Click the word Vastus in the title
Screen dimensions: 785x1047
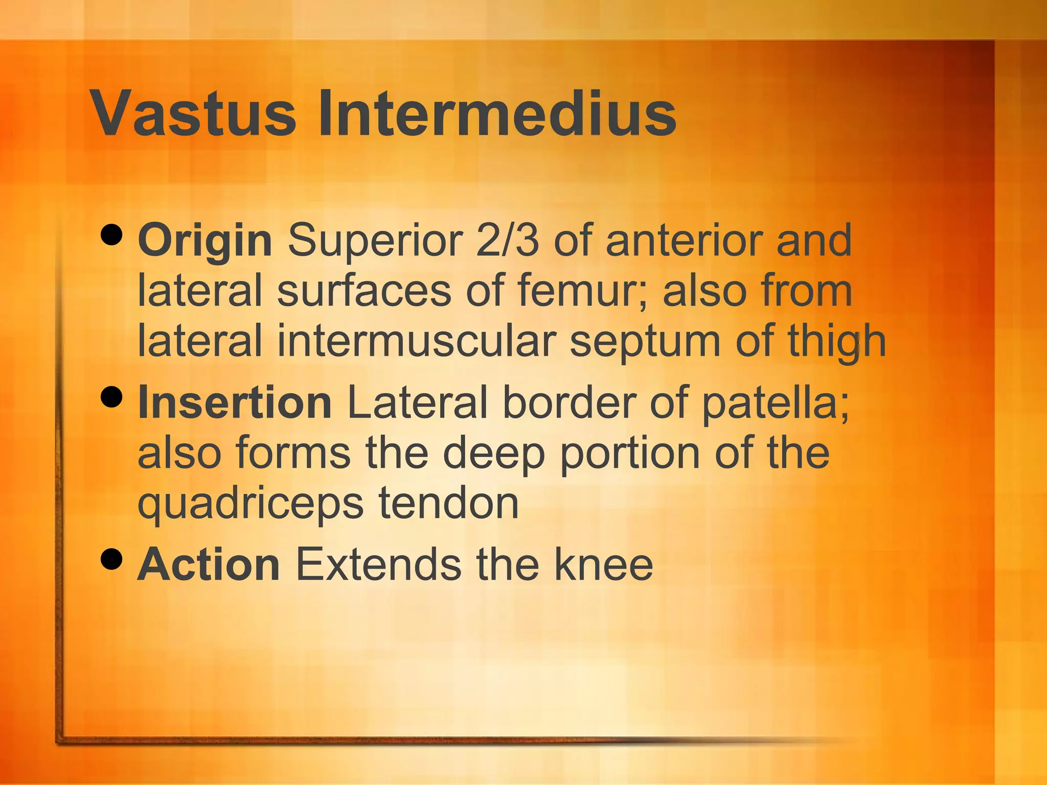pyautogui.click(x=193, y=113)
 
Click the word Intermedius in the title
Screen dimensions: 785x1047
pyautogui.click(x=497, y=113)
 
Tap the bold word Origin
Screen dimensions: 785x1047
pyautogui.click(x=204, y=241)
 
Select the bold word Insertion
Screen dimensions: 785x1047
pyautogui.click(x=235, y=403)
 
